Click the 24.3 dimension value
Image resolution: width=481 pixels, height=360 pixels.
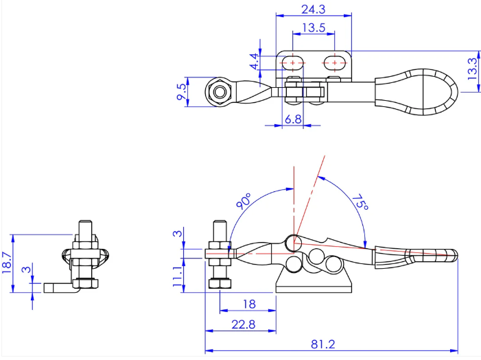[x=313, y=10]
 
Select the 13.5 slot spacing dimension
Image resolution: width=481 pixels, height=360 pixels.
[x=314, y=28]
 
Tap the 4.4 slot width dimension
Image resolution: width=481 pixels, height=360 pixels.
[x=255, y=62]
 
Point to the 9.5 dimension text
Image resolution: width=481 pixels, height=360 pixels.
[x=181, y=92]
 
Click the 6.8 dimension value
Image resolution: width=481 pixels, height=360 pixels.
[x=293, y=119]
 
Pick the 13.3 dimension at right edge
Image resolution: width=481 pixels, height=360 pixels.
[x=473, y=69]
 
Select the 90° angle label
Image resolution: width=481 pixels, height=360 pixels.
[x=244, y=201]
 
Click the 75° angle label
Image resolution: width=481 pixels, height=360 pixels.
[x=360, y=202]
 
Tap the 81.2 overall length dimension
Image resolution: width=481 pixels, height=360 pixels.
[x=323, y=344]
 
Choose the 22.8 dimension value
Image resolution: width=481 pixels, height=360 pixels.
[x=244, y=324]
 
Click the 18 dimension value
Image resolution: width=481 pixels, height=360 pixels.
[x=249, y=304]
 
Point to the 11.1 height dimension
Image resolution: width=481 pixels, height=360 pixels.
[x=178, y=276]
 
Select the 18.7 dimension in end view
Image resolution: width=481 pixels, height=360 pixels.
[x=7, y=263]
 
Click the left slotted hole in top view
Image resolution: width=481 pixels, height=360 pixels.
[x=293, y=63]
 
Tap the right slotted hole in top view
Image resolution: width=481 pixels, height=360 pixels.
[x=334, y=63]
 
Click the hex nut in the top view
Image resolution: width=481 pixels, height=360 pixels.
[x=220, y=92]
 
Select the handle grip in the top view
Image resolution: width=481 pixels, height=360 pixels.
[x=416, y=92]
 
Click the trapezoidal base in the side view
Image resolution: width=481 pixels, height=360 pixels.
[x=314, y=280]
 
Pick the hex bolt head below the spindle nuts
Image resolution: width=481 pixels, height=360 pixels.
[x=220, y=283]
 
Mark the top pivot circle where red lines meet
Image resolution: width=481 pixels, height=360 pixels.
[x=294, y=243]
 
